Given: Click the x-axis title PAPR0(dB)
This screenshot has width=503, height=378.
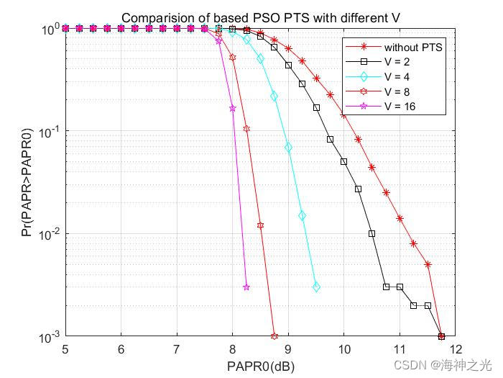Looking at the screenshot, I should pyautogui.click(x=261, y=366).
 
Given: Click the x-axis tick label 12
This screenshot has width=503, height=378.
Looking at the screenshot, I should pyautogui.click(x=455, y=350).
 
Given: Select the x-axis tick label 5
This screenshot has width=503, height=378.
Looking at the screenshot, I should pyautogui.click(x=65, y=350).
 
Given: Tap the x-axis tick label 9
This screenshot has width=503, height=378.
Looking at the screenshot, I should pyautogui.click(x=288, y=350).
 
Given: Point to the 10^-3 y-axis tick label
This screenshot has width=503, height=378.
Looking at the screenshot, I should pyautogui.click(x=51, y=337).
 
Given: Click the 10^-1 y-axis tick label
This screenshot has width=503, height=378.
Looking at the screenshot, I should pyautogui.click(x=51, y=132).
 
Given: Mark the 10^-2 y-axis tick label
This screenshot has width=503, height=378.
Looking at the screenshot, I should pyautogui.click(x=51, y=235).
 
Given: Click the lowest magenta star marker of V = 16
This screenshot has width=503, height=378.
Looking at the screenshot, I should pyautogui.click(x=246, y=287).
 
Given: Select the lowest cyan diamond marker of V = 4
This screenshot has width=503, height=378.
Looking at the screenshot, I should pyautogui.click(x=316, y=287).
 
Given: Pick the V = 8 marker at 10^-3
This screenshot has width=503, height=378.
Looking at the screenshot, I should pyautogui.click(x=274, y=336).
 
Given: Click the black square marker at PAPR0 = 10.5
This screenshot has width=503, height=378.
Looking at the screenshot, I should pyautogui.click(x=372, y=233).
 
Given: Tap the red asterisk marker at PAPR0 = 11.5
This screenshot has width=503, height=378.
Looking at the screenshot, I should pyautogui.click(x=428, y=264).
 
